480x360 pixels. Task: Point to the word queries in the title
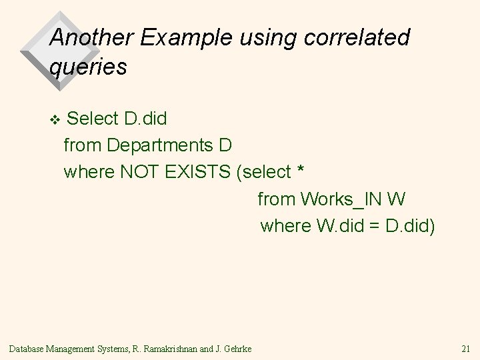coord(88,67)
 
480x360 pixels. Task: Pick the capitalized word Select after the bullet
coord(93,119)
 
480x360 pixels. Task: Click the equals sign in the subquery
coord(375,226)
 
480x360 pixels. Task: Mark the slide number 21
coord(465,348)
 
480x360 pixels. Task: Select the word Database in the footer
coord(26,348)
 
